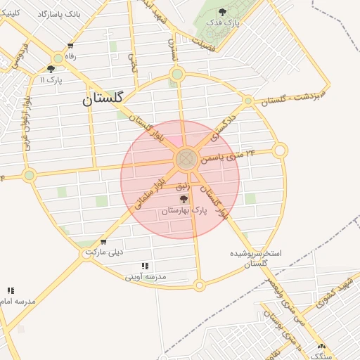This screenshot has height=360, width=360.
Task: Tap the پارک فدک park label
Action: (x=223, y=22)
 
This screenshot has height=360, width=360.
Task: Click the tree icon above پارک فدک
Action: (x=223, y=11)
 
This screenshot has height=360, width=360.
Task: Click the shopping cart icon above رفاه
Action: (x=70, y=46)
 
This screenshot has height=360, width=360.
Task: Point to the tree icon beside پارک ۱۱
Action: (x=51, y=69)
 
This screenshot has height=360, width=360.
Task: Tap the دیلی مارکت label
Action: (x=104, y=251)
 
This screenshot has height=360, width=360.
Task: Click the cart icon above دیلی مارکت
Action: (x=103, y=241)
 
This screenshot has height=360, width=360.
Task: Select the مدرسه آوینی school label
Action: (x=146, y=276)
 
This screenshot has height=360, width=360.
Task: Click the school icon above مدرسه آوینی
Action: (x=145, y=266)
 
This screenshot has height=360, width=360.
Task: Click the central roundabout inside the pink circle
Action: (x=186, y=159)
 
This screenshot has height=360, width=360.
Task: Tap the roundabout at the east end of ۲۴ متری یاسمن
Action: (x=280, y=150)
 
